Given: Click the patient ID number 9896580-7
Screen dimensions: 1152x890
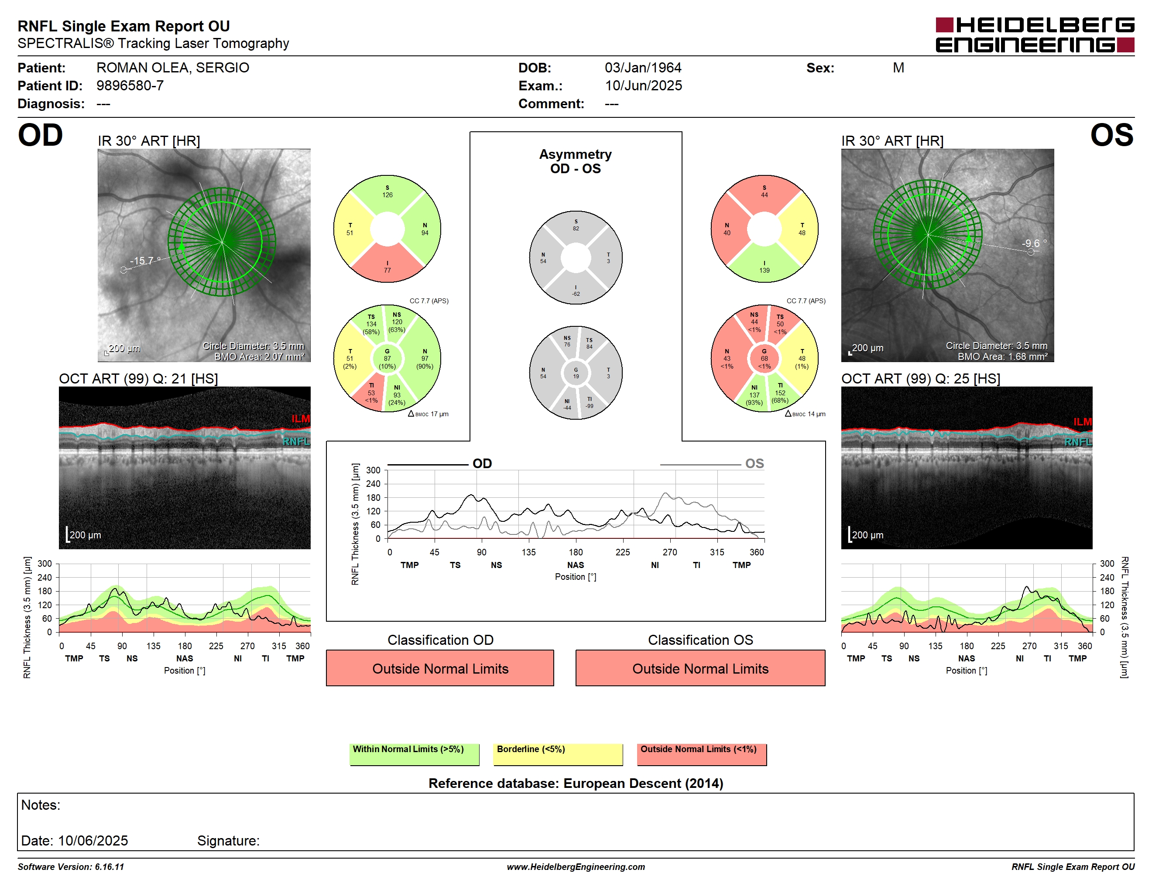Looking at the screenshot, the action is pyautogui.click(x=130, y=86).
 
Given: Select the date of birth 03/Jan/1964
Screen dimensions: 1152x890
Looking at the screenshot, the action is pyautogui.click(x=643, y=68).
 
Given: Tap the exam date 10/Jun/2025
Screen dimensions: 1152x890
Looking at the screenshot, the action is pyautogui.click(x=643, y=86).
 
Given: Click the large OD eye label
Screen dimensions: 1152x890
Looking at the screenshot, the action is pyautogui.click(x=40, y=136).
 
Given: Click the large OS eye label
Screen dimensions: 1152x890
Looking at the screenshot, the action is pyautogui.click(x=1112, y=136).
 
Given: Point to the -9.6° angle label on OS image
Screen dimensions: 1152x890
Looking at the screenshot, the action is pyautogui.click(x=1034, y=243).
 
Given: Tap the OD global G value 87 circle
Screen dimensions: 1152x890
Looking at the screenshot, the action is pyautogui.click(x=387, y=359).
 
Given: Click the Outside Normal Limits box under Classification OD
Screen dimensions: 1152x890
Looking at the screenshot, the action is pyautogui.click(x=440, y=668).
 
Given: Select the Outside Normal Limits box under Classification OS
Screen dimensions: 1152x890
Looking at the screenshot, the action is pyautogui.click(x=700, y=668).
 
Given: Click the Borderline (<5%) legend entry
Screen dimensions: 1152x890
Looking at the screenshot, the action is pyautogui.click(x=558, y=754).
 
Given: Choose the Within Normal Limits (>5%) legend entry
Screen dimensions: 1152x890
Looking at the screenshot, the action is pyautogui.click(x=414, y=754).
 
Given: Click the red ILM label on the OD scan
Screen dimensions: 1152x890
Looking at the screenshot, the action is pyautogui.click(x=301, y=419).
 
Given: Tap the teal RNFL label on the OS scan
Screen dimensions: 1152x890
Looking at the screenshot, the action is pyautogui.click(x=1078, y=442).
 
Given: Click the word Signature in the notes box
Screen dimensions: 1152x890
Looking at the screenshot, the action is pyautogui.click(x=228, y=840).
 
